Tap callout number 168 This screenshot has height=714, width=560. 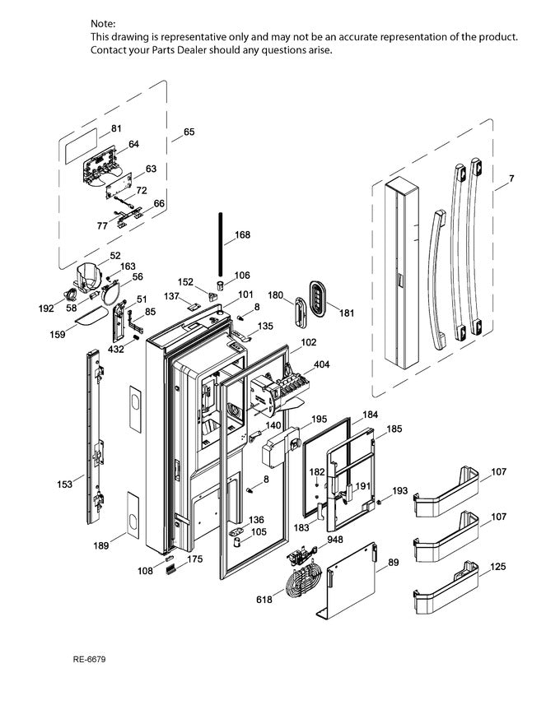coord(242,235)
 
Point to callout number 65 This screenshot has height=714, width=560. coord(189,132)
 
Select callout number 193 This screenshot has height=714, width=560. coord(399,491)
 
